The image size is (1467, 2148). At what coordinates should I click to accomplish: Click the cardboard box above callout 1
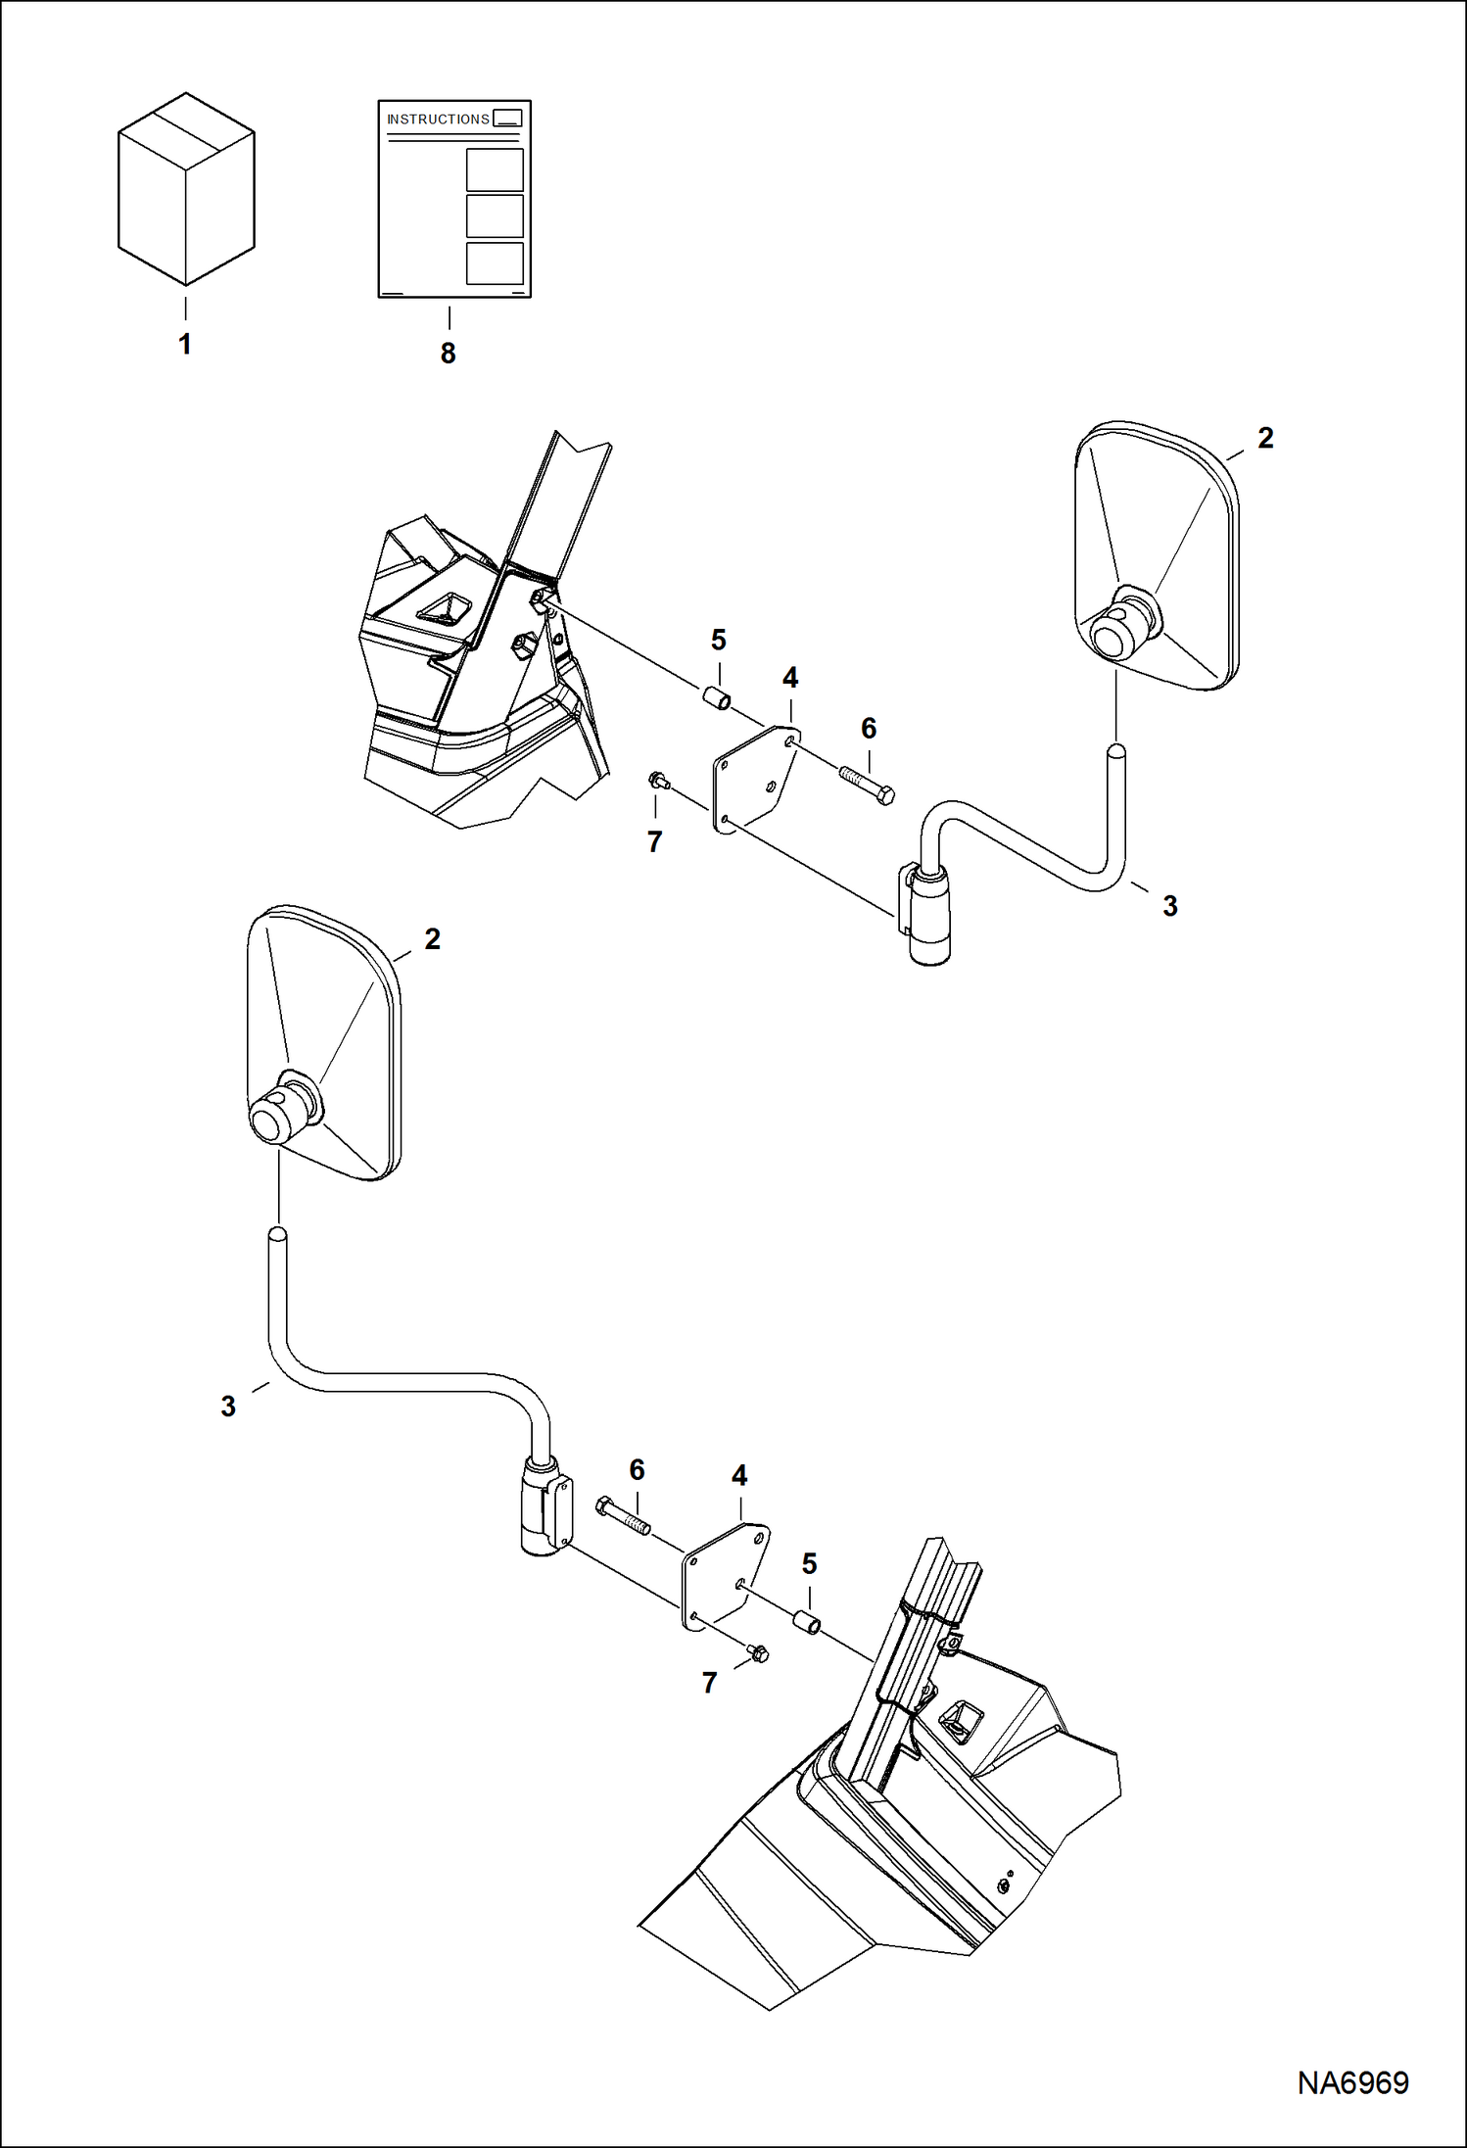(186, 191)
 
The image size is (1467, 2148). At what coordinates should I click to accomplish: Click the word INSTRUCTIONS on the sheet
(438, 119)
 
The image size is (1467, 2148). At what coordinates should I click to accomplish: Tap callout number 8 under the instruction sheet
(448, 354)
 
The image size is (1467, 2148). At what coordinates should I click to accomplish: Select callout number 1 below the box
(184, 345)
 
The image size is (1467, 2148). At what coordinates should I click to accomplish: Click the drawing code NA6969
(1352, 2082)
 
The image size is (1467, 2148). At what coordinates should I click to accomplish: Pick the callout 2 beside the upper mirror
(1265, 439)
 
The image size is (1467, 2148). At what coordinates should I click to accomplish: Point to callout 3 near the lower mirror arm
(228, 1407)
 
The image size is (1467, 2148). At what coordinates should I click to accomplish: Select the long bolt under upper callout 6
(868, 784)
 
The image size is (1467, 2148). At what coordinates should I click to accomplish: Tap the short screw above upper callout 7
(658, 781)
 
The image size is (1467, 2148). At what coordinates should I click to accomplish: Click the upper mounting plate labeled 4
(754, 780)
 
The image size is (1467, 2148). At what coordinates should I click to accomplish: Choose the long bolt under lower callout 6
(623, 1516)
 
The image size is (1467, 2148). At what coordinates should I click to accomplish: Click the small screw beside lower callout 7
(758, 1654)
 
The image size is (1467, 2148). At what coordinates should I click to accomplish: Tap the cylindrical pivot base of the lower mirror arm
(541, 1507)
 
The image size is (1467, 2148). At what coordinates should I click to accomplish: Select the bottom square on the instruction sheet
(495, 263)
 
